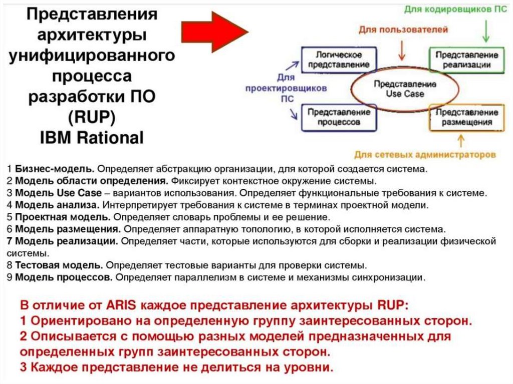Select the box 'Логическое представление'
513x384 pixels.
point(339,60)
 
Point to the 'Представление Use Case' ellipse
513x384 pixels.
point(398,89)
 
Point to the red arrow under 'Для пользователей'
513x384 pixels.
point(401,50)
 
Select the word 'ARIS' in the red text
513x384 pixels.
point(123,305)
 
